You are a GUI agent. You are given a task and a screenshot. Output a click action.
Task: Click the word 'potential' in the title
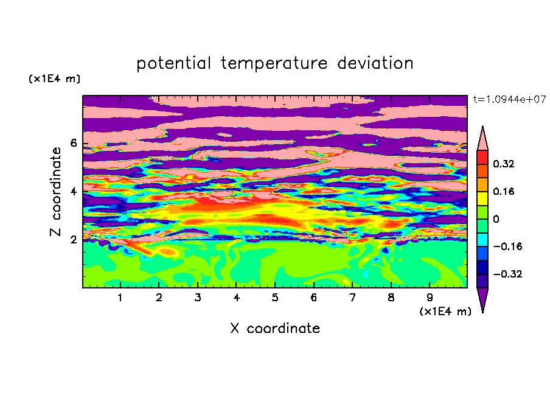(173, 63)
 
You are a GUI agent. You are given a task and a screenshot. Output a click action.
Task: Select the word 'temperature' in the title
(274, 63)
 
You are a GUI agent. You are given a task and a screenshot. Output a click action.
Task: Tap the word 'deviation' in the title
(375, 63)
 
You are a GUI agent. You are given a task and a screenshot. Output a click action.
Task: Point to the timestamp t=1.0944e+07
(509, 99)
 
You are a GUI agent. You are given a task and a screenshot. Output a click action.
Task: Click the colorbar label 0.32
(504, 164)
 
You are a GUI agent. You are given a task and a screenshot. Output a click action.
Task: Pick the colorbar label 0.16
(504, 191)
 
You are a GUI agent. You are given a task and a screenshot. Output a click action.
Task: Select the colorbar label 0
(496, 219)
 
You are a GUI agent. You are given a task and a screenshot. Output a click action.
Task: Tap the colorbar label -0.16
(507, 246)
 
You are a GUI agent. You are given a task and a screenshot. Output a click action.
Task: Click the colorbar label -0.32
(507, 274)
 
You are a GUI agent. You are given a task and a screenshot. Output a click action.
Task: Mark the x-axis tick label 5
(275, 298)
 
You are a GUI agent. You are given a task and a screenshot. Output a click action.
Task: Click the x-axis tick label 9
(430, 298)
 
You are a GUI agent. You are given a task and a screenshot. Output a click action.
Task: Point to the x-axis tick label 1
(120, 298)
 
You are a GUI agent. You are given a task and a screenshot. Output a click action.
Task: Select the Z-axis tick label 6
(73, 143)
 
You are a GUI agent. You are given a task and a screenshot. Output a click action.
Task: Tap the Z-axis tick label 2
(73, 239)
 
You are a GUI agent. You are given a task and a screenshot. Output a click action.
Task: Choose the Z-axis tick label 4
(73, 191)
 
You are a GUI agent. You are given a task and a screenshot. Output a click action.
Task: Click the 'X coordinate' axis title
(275, 328)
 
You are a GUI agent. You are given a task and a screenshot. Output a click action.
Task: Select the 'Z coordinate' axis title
(55, 192)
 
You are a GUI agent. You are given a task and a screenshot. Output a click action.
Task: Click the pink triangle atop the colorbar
(482, 138)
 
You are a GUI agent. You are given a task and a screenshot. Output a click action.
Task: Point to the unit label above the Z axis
(54, 79)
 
